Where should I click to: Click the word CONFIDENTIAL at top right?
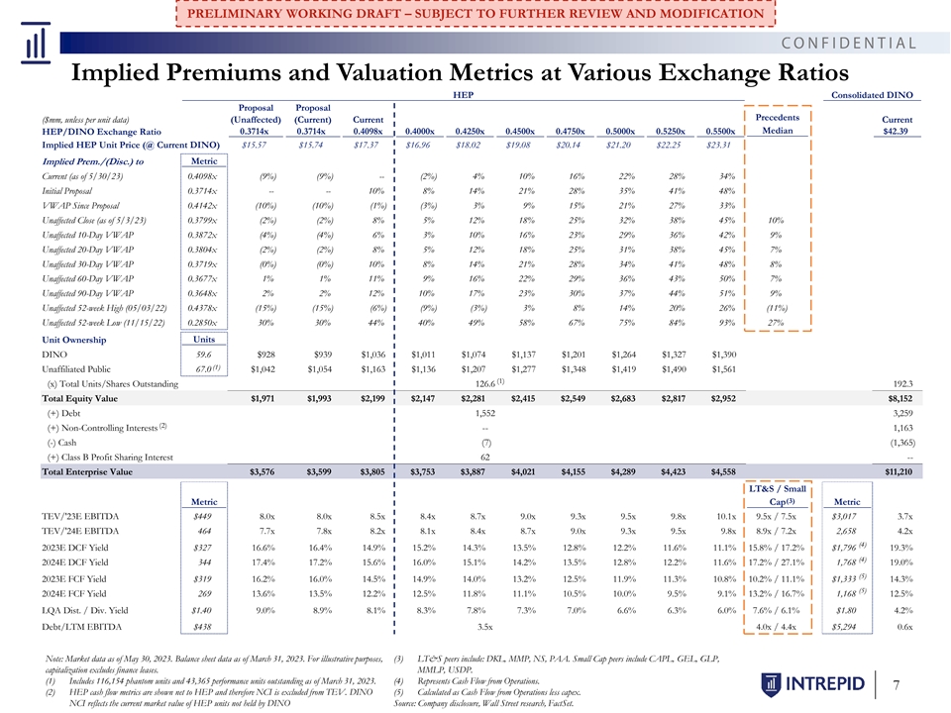pos(849,43)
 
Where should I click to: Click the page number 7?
pos(896,685)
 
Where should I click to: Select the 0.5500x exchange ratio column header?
pos(720,131)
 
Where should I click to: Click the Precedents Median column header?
pos(777,124)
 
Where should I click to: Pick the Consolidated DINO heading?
pos(872,95)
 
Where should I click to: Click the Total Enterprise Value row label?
pos(87,471)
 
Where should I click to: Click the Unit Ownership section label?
pos(74,340)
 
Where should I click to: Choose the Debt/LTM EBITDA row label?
pos(81,627)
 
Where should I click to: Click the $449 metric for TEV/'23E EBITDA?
pos(202,517)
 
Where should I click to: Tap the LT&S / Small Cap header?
pos(778,495)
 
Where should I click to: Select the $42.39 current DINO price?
pos(896,131)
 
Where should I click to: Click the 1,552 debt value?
pos(485,413)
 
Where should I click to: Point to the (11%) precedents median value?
pos(776,308)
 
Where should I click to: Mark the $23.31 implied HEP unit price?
pos(718,145)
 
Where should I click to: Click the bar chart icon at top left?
pos(36,43)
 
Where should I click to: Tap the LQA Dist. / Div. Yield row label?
pos(85,611)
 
